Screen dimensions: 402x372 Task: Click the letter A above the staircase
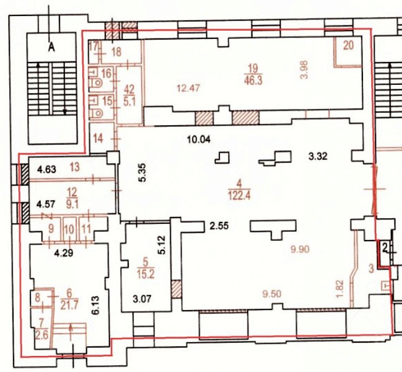tap(52, 47)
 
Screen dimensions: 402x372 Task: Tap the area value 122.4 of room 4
tap(239, 196)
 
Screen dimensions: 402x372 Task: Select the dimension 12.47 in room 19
tap(188, 88)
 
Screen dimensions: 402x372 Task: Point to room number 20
tap(348, 45)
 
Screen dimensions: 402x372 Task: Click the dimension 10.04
tap(199, 140)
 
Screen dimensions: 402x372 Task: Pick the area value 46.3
tap(253, 81)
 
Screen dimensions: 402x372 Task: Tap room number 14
tap(98, 138)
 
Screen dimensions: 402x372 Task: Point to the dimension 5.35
tap(142, 172)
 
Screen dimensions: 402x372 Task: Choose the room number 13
tap(74, 167)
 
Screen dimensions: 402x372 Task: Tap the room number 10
tap(69, 229)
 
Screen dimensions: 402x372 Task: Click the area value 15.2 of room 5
tap(146, 275)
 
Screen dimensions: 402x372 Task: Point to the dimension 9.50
tap(272, 294)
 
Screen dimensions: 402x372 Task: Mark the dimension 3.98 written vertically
tap(304, 70)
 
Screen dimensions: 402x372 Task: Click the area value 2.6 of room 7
tap(42, 335)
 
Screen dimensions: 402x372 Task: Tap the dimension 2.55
tap(219, 226)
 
